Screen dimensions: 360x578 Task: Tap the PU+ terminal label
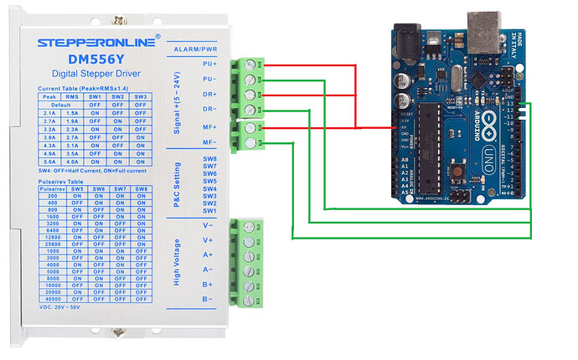pos(209,64)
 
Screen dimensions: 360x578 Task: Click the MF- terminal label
pos(209,143)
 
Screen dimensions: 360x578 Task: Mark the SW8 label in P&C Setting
pos(209,158)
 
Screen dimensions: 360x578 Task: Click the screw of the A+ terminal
pos(248,255)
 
